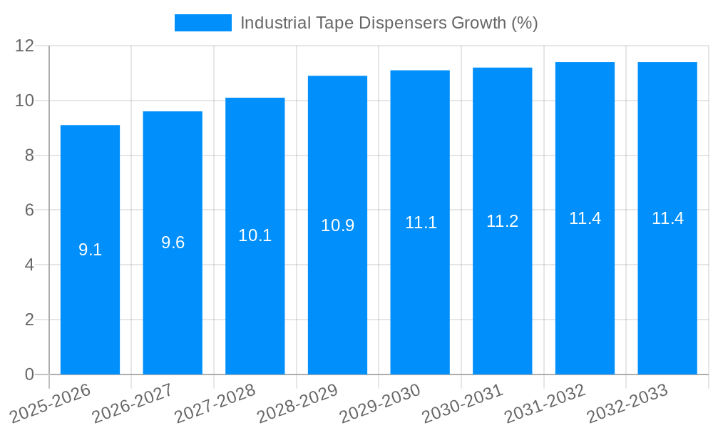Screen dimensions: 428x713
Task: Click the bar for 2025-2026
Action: click(x=90, y=250)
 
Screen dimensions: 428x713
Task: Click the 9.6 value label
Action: click(x=173, y=243)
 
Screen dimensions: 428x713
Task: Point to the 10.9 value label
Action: click(x=337, y=225)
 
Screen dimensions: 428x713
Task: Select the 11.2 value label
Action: click(x=503, y=221)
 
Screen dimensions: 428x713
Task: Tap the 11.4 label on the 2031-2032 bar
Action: click(x=585, y=218)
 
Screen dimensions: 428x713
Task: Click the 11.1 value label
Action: click(x=421, y=223)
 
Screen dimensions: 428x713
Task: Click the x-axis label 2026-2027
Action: click(x=132, y=403)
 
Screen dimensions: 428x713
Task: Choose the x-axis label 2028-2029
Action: click(x=297, y=403)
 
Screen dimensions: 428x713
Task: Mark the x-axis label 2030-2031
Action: click(x=462, y=403)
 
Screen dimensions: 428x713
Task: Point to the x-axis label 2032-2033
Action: click(x=627, y=403)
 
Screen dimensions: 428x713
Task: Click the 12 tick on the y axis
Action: click(x=25, y=46)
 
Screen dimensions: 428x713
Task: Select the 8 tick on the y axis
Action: click(x=29, y=156)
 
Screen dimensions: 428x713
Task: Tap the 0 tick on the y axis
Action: click(x=29, y=374)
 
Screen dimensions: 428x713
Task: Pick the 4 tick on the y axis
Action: click(x=29, y=265)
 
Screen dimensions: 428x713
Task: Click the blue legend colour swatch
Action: click(x=203, y=23)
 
